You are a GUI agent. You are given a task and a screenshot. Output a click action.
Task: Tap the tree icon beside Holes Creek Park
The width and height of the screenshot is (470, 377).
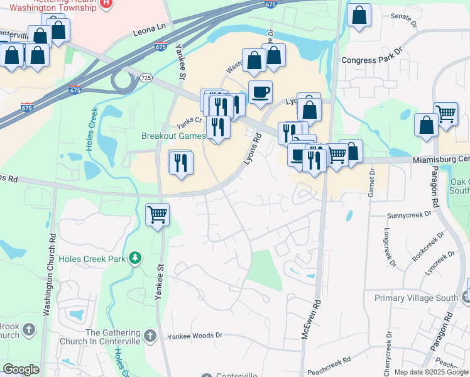click(134, 258)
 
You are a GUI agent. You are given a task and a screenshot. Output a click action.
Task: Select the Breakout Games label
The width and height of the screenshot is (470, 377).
click(173, 136)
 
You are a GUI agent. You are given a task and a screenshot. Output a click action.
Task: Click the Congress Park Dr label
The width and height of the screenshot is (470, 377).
click(371, 60)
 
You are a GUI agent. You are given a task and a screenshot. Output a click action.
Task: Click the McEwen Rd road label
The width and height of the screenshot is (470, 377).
click(309, 319)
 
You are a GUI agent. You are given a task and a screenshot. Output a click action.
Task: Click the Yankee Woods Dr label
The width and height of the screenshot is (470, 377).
click(195, 336)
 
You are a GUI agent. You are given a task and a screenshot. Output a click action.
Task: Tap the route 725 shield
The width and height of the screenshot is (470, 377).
click(146, 77)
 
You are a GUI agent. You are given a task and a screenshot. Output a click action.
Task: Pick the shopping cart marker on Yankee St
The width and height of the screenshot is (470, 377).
click(158, 214)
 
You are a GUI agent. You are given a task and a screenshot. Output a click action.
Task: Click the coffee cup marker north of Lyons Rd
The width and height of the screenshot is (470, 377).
click(260, 92)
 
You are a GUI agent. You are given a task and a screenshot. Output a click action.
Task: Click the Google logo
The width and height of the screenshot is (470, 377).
click(21, 369)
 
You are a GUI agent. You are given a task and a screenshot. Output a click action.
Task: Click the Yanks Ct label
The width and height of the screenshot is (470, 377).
click(189, 119)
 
